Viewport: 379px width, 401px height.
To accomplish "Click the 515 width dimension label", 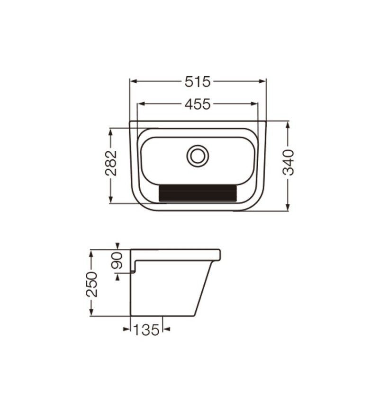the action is coord(197,82).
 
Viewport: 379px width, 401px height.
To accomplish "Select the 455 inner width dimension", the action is coord(197,105).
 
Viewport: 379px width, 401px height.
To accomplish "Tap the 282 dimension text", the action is coord(111,163).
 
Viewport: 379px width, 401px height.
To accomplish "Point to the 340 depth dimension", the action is coord(289,162).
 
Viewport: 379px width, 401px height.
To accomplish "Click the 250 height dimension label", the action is coord(92,284).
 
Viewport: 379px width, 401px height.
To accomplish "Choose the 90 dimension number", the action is coord(117,261).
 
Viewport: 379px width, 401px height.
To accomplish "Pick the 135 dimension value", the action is coord(146,330).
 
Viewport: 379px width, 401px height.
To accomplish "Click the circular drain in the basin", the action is coord(198,156).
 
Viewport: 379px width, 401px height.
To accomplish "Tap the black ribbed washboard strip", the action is coord(198,193).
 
